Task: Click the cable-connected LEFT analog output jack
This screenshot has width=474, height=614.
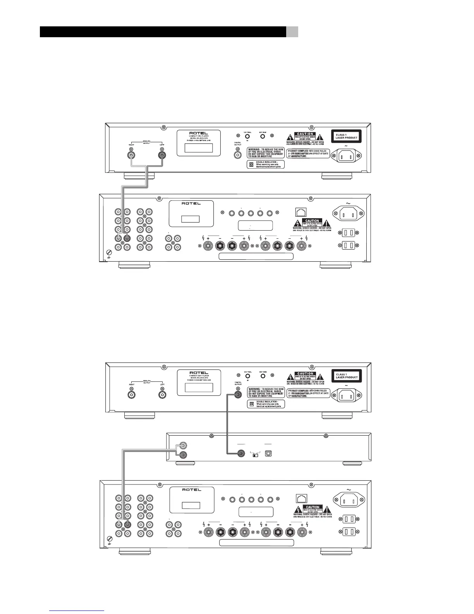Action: (x=162, y=155)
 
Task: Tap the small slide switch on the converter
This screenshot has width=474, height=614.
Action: (x=255, y=455)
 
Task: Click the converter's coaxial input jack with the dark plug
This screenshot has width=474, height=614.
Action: (x=241, y=453)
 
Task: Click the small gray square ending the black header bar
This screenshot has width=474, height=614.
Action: (x=292, y=32)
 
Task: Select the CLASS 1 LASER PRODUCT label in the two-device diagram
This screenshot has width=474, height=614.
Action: (x=346, y=136)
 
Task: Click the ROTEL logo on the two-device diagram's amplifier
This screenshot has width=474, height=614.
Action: (x=191, y=204)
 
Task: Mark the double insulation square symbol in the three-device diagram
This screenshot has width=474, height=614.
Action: (x=251, y=404)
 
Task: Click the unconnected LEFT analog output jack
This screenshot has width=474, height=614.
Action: (x=162, y=395)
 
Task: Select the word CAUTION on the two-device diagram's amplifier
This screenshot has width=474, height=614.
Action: (x=312, y=221)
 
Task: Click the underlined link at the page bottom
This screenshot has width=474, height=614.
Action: (x=77, y=611)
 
